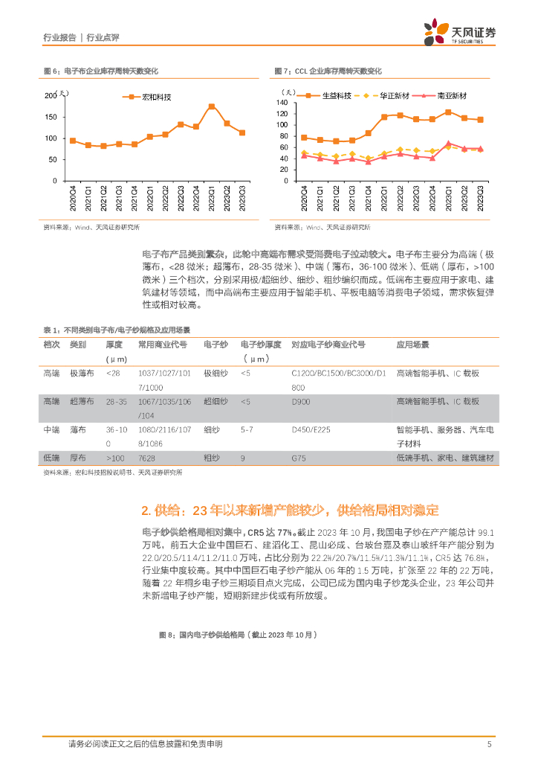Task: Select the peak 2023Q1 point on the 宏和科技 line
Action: [212, 106]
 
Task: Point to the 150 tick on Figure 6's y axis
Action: [51, 117]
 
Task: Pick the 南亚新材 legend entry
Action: [444, 96]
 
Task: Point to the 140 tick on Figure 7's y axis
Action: [282, 102]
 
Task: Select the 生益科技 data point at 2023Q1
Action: [448, 112]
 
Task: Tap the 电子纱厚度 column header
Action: [260, 345]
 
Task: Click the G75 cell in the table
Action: [299, 458]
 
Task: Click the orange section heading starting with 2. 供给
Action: [290, 510]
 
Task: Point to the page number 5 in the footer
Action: [489, 744]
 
